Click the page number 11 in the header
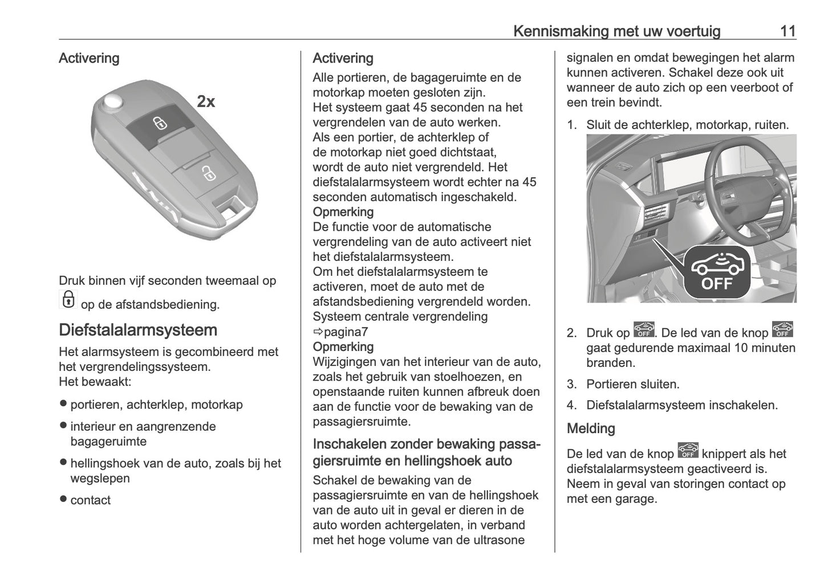pos(788,31)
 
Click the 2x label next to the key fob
pos(206,101)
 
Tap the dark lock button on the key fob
pos(160,122)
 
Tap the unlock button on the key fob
pos(208,173)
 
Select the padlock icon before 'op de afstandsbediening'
pos(67,299)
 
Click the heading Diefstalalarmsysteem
pos(138,330)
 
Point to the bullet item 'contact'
pos(90,500)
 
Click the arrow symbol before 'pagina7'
pos(318,332)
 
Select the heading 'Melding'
pos(591,428)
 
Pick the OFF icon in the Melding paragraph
pos(688,451)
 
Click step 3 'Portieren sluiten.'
pos(632,384)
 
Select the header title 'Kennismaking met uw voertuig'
pos(616,31)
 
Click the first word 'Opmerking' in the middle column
pos(343,212)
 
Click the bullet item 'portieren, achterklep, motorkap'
pos(156,405)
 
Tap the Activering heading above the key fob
pos(89,58)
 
